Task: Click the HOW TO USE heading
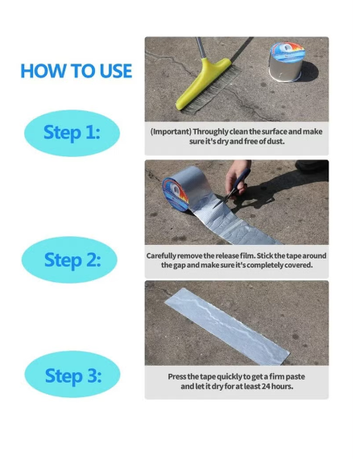(77, 71)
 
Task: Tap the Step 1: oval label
(72, 133)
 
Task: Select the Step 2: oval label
(69, 259)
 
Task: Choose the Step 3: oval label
(72, 374)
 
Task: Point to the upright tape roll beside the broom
(287, 61)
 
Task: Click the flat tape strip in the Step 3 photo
(227, 326)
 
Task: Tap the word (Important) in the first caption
(171, 132)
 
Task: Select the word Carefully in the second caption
(161, 256)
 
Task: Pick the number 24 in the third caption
(266, 387)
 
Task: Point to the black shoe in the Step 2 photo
(312, 166)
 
